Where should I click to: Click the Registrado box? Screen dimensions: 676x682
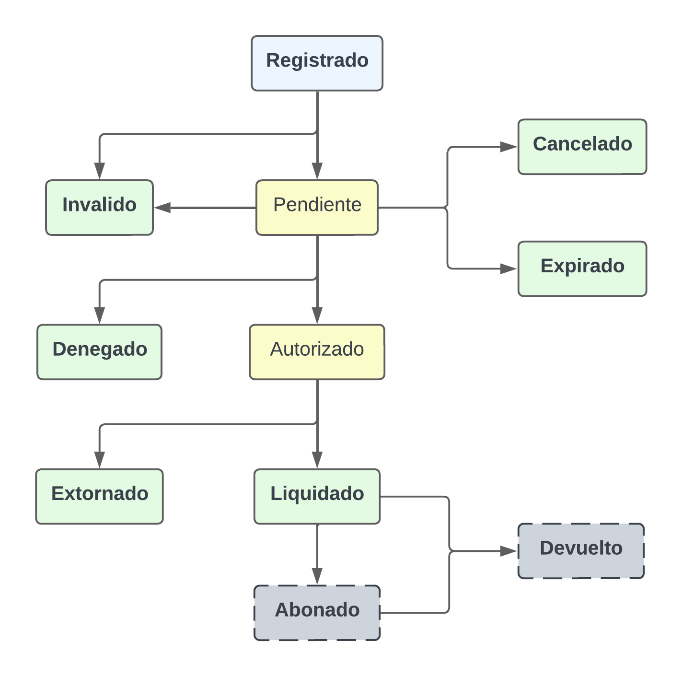[x=317, y=63]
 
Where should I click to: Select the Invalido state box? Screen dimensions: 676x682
[x=99, y=207]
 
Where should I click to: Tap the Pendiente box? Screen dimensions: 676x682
[x=317, y=207]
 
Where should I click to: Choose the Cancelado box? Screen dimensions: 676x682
[x=582, y=146]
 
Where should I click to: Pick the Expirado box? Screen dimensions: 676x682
[x=582, y=268]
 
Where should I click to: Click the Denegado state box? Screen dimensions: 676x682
[x=99, y=352]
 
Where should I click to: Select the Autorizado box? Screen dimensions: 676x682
[x=317, y=352]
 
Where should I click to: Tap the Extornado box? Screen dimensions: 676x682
[x=99, y=496]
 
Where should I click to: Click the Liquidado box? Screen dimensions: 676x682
[x=317, y=496]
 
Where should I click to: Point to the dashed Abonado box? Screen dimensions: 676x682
[x=317, y=612]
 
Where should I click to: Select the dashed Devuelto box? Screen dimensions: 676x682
[x=580, y=550]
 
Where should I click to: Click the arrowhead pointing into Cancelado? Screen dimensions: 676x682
[x=509, y=147]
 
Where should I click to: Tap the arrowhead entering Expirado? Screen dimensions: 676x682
[x=509, y=269]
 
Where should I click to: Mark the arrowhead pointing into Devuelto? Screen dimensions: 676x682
[x=509, y=551]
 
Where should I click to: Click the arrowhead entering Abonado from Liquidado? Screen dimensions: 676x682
[x=317, y=576]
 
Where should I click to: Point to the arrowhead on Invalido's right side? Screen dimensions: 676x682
[x=163, y=208]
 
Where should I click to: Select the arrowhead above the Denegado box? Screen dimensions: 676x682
[x=99, y=315]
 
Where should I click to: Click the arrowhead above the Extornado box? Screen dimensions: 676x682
[x=99, y=460]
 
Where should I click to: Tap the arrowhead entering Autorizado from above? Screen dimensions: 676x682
[x=317, y=315]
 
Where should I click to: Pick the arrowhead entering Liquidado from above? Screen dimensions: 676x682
[x=317, y=460]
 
